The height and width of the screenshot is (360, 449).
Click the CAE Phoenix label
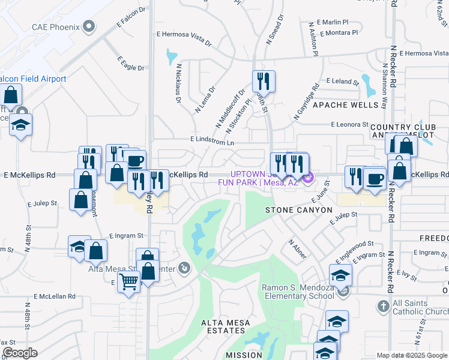pyautogui.click(x=55, y=26)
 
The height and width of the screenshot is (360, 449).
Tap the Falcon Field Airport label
pyautogui.click(x=32, y=79)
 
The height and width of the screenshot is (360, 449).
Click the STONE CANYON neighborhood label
pyautogui.click(x=299, y=210)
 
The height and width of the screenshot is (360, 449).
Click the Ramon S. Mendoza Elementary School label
pyautogui.click(x=298, y=292)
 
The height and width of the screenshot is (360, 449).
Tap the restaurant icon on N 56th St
pyautogui.click(x=264, y=81)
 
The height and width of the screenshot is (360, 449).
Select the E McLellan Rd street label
pyautogui.click(x=55, y=296)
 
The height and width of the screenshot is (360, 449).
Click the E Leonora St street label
pyautogui.click(x=349, y=124)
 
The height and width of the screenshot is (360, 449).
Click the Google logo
pyautogui.click(x=19, y=353)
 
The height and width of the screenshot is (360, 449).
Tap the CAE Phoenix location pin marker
pyautogui.click(x=89, y=26)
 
